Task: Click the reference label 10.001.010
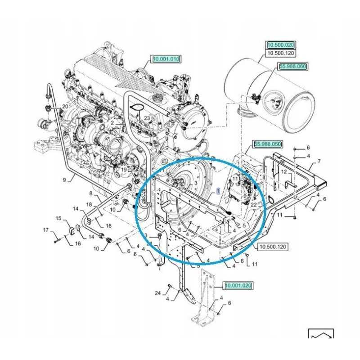click(x=166, y=59)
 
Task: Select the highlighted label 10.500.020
click(x=280, y=45)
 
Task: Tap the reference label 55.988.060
click(x=293, y=67)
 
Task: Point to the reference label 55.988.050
click(x=268, y=144)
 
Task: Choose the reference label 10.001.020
click(x=238, y=286)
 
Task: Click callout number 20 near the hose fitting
click(x=65, y=107)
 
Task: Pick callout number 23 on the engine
click(x=147, y=118)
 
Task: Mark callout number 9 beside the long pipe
click(x=64, y=180)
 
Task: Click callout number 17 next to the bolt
click(x=45, y=231)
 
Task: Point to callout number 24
click(x=157, y=293)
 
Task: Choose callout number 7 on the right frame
click(x=319, y=161)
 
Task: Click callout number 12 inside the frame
click(x=284, y=172)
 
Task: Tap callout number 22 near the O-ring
click(x=254, y=205)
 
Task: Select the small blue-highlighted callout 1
click(x=218, y=191)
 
